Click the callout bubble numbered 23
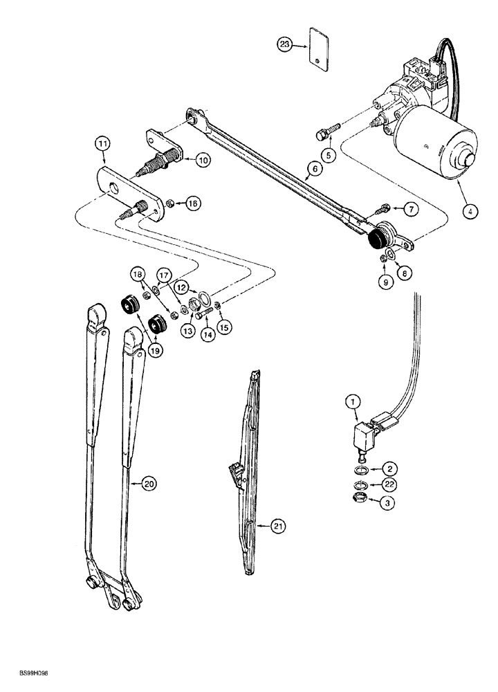(284, 46)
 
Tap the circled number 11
(102, 144)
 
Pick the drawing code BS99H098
(28, 682)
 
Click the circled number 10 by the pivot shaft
(203, 160)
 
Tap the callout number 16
(192, 203)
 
